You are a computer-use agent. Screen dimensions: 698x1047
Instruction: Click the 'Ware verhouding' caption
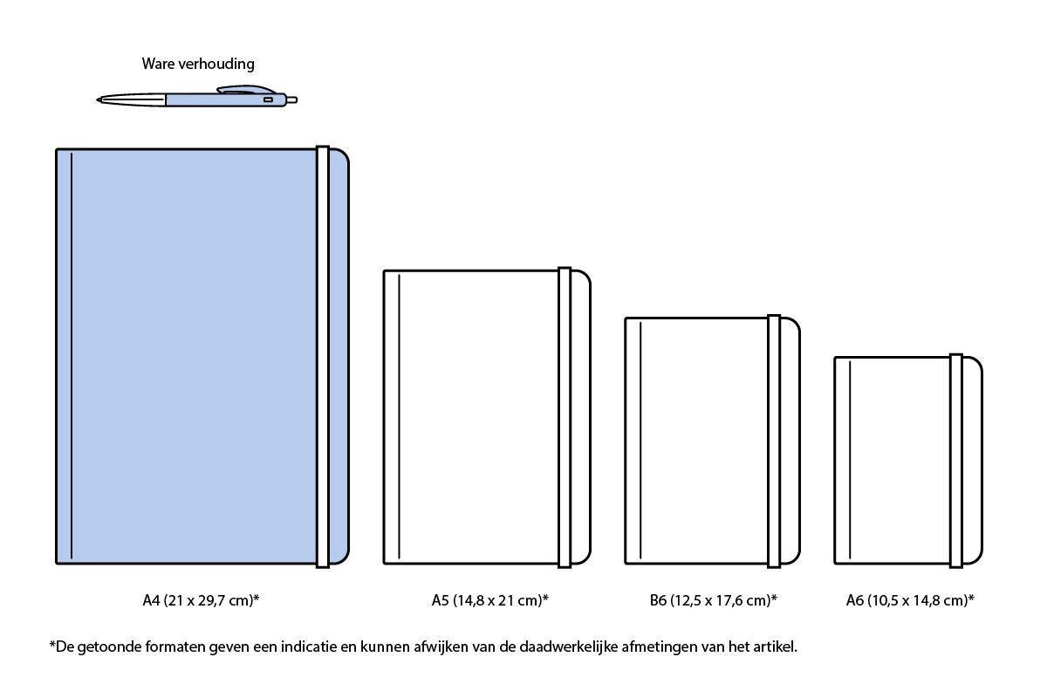[198, 64]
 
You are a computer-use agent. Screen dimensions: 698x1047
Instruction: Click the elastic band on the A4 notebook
[323, 356]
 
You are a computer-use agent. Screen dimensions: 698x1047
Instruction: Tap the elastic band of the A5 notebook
[565, 417]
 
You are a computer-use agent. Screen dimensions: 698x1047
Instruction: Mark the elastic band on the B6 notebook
[774, 441]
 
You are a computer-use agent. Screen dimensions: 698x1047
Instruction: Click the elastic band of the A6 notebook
[956, 460]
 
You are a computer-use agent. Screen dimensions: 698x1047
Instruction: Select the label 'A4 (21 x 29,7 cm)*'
[202, 600]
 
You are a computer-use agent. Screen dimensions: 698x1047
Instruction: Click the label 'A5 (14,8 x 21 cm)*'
[490, 600]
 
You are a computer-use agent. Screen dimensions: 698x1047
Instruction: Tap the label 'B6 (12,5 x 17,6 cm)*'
[713, 600]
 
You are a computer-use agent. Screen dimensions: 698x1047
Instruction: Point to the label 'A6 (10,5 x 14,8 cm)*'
[910, 600]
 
